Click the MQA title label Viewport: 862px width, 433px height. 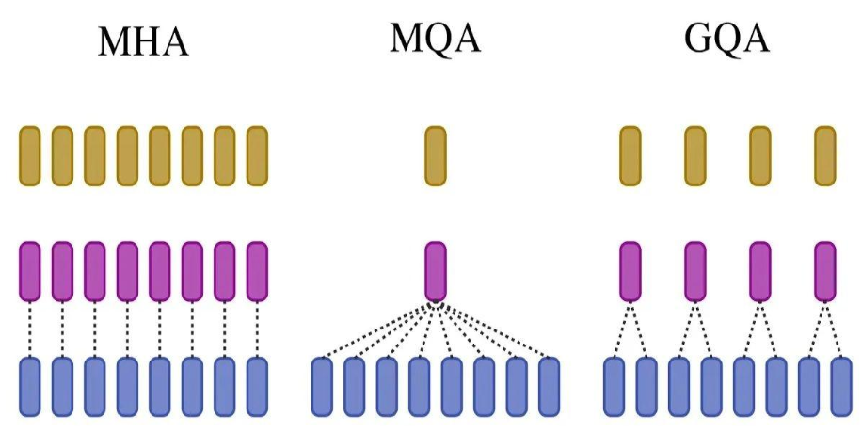435,39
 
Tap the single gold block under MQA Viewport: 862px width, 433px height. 435,155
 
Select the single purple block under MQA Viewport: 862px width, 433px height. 435,271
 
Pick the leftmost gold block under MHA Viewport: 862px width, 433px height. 30,155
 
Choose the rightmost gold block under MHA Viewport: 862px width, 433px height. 257,155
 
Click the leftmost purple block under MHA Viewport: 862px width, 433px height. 30,271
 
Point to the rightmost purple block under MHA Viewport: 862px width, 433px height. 257,271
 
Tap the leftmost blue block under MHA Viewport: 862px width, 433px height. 30,386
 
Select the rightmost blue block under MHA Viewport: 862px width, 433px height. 257,386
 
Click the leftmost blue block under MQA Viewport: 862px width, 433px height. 322,386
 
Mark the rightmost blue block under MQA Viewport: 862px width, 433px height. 549,386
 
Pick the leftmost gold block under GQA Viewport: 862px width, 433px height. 631,155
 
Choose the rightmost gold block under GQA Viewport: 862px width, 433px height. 825,155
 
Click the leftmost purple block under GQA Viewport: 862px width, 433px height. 631,271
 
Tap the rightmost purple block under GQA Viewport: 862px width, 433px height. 825,271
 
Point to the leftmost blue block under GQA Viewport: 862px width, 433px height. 614,386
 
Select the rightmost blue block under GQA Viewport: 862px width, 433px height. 841,386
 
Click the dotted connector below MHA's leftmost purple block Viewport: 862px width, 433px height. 30,329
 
